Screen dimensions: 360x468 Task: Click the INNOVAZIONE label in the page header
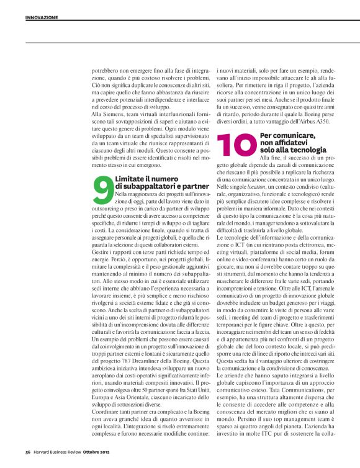(42, 17)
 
